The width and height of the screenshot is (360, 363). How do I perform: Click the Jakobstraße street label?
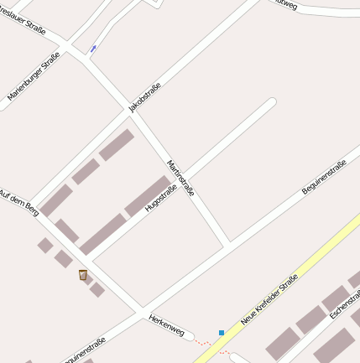[x=144, y=96]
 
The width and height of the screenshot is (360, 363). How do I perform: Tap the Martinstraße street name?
[x=180, y=178]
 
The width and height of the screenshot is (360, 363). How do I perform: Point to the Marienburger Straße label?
[x=34, y=76]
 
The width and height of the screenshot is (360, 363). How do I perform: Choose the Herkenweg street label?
[x=165, y=325]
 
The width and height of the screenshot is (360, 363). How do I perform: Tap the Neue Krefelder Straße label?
[x=269, y=298]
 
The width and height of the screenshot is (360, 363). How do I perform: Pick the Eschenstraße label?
[x=344, y=303]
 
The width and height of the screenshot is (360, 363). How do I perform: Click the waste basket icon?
[x=83, y=275]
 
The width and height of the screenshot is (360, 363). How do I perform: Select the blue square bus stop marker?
[x=222, y=333]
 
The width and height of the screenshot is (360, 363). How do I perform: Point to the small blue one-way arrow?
[x=93, y=49]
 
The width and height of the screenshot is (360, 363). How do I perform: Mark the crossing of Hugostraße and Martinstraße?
[x=185, y=175]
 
